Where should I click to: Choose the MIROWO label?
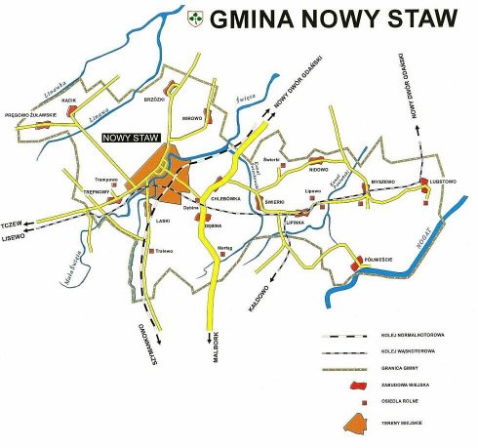coord(192,118)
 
